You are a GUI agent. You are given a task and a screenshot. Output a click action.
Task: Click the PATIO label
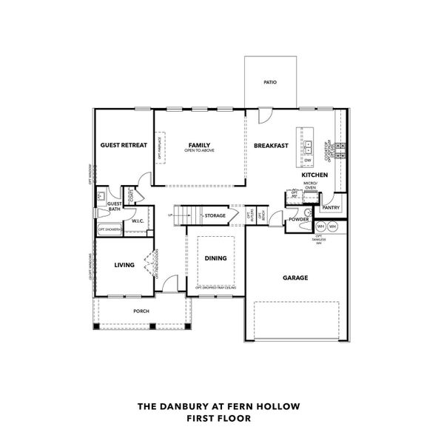(270, 82)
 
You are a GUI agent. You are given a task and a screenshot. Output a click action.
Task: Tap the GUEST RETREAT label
(124, 145)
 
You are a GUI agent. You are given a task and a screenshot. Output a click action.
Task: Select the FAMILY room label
(199, 145)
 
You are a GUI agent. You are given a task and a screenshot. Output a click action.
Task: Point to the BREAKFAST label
(271, 146)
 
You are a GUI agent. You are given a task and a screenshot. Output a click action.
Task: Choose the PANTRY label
(330, 208)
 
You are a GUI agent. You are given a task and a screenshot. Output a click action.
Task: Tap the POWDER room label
(299, 220)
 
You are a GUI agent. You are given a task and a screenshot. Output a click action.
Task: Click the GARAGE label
(295, 278)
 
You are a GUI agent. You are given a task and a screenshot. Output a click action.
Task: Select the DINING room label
(216, 258)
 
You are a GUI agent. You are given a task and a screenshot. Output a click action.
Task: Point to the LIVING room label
(124, 264)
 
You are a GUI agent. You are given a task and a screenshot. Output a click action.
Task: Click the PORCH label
(141, 312)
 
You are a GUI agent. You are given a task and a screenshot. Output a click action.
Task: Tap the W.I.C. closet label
(137, 221)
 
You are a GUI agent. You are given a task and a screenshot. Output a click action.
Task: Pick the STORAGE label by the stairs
(215, 216)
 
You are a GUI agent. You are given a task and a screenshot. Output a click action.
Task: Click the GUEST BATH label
(115, 206)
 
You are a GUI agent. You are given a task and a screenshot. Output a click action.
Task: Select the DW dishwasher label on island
(308, 160)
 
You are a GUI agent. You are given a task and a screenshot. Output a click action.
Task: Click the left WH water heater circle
(321, 226)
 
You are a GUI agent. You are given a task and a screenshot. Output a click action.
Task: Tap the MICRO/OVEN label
(311, 185)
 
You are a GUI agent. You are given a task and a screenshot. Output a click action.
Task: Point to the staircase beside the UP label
(189, 215)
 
